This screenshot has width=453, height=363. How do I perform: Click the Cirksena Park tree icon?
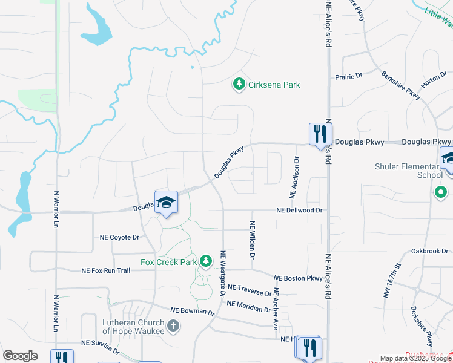click(240, 84)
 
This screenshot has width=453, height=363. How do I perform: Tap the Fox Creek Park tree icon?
click(207, 261)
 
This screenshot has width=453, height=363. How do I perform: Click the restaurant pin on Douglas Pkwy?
click(319, 134)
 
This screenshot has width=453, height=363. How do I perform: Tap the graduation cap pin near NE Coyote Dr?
click(165, 202)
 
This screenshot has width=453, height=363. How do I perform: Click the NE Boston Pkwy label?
click(298, 278)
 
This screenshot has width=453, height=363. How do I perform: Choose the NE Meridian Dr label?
click(248, 306)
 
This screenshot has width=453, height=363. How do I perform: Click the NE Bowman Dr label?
click(193, 311)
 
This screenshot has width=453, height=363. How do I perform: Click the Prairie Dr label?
click(348, 77)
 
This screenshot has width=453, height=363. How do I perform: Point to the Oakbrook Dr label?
click(429, 250)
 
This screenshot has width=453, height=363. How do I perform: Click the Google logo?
click(20, 356)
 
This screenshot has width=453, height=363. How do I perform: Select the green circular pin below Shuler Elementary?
click(441, 193)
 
